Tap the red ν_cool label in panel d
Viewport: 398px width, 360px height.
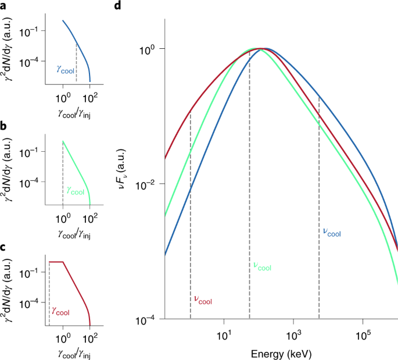(x=202, y=300)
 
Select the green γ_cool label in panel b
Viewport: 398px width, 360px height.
(x=76, y=190)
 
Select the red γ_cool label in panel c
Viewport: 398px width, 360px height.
(x=61, y=312)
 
